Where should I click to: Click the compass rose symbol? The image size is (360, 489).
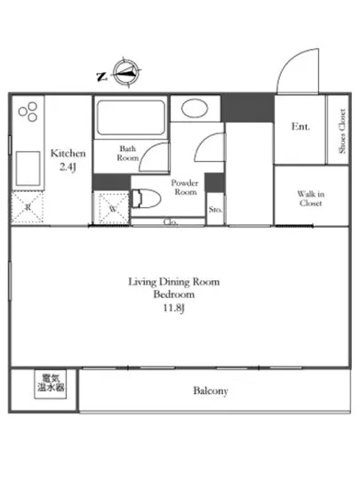pyautogui.click(x=125, y=73)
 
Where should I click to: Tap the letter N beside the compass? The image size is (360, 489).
pyautogui.click(x=101, y=76)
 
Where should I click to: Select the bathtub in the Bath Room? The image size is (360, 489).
pyautogui.click(x=131, y=118)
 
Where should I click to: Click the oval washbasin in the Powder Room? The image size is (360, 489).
pyautogui.click(x=195, y=108)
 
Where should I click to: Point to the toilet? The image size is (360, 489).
pyautogui.click(x=146, y=198)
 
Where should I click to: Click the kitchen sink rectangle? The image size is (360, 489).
pyautogui.click(x=28, y=168)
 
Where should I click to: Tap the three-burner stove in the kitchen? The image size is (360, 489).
pyautogui.click(x=28, y=112)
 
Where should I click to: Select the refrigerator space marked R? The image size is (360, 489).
pyautogui.click(x=28, y=207)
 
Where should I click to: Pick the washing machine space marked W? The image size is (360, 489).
pyautogui.click(x=114, y=209)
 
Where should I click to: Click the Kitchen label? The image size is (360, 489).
pyautogui.click(x=68, y=154)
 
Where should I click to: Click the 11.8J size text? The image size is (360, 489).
pyautogui.click(x=174, y=309)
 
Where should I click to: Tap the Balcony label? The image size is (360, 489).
pyautogui.click(x=211, y=391)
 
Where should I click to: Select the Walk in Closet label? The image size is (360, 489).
pyautogui.click(x=311, y=198)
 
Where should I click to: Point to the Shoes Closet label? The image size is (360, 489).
pyautogui.click(x=342, y=131)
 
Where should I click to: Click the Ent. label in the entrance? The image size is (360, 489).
pyautogui.click(x=300, y=126)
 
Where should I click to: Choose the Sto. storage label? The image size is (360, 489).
pyautogui.click(x=215, y=210)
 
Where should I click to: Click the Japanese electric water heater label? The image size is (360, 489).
pyautogui.click(x=51, y=383)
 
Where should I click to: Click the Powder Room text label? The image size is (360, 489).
pyautogui.click(x=185, y=187)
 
